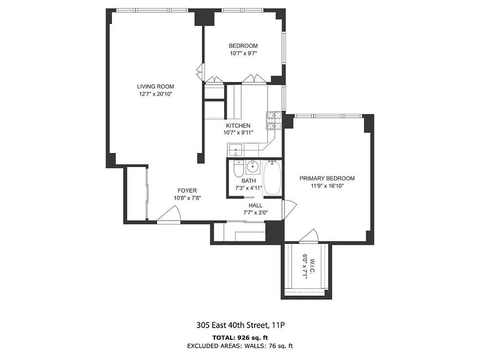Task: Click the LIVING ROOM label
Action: [x=155, y=86]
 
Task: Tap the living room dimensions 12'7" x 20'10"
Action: [x=155, y=94]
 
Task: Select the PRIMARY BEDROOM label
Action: [x=327, y=178]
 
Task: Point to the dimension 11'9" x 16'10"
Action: [x=327, y=185]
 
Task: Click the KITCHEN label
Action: [x=238, y=126]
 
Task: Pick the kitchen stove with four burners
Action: [x=274, y=120]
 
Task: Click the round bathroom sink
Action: [x=253, y=167]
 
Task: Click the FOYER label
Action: [x=187, y=190]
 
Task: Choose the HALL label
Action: [x=256, y=206]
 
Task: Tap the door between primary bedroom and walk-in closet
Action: [x=309, y=236]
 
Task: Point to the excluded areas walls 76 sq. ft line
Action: [x=240, y=346]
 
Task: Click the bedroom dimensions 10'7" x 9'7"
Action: [x=243, y=53]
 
